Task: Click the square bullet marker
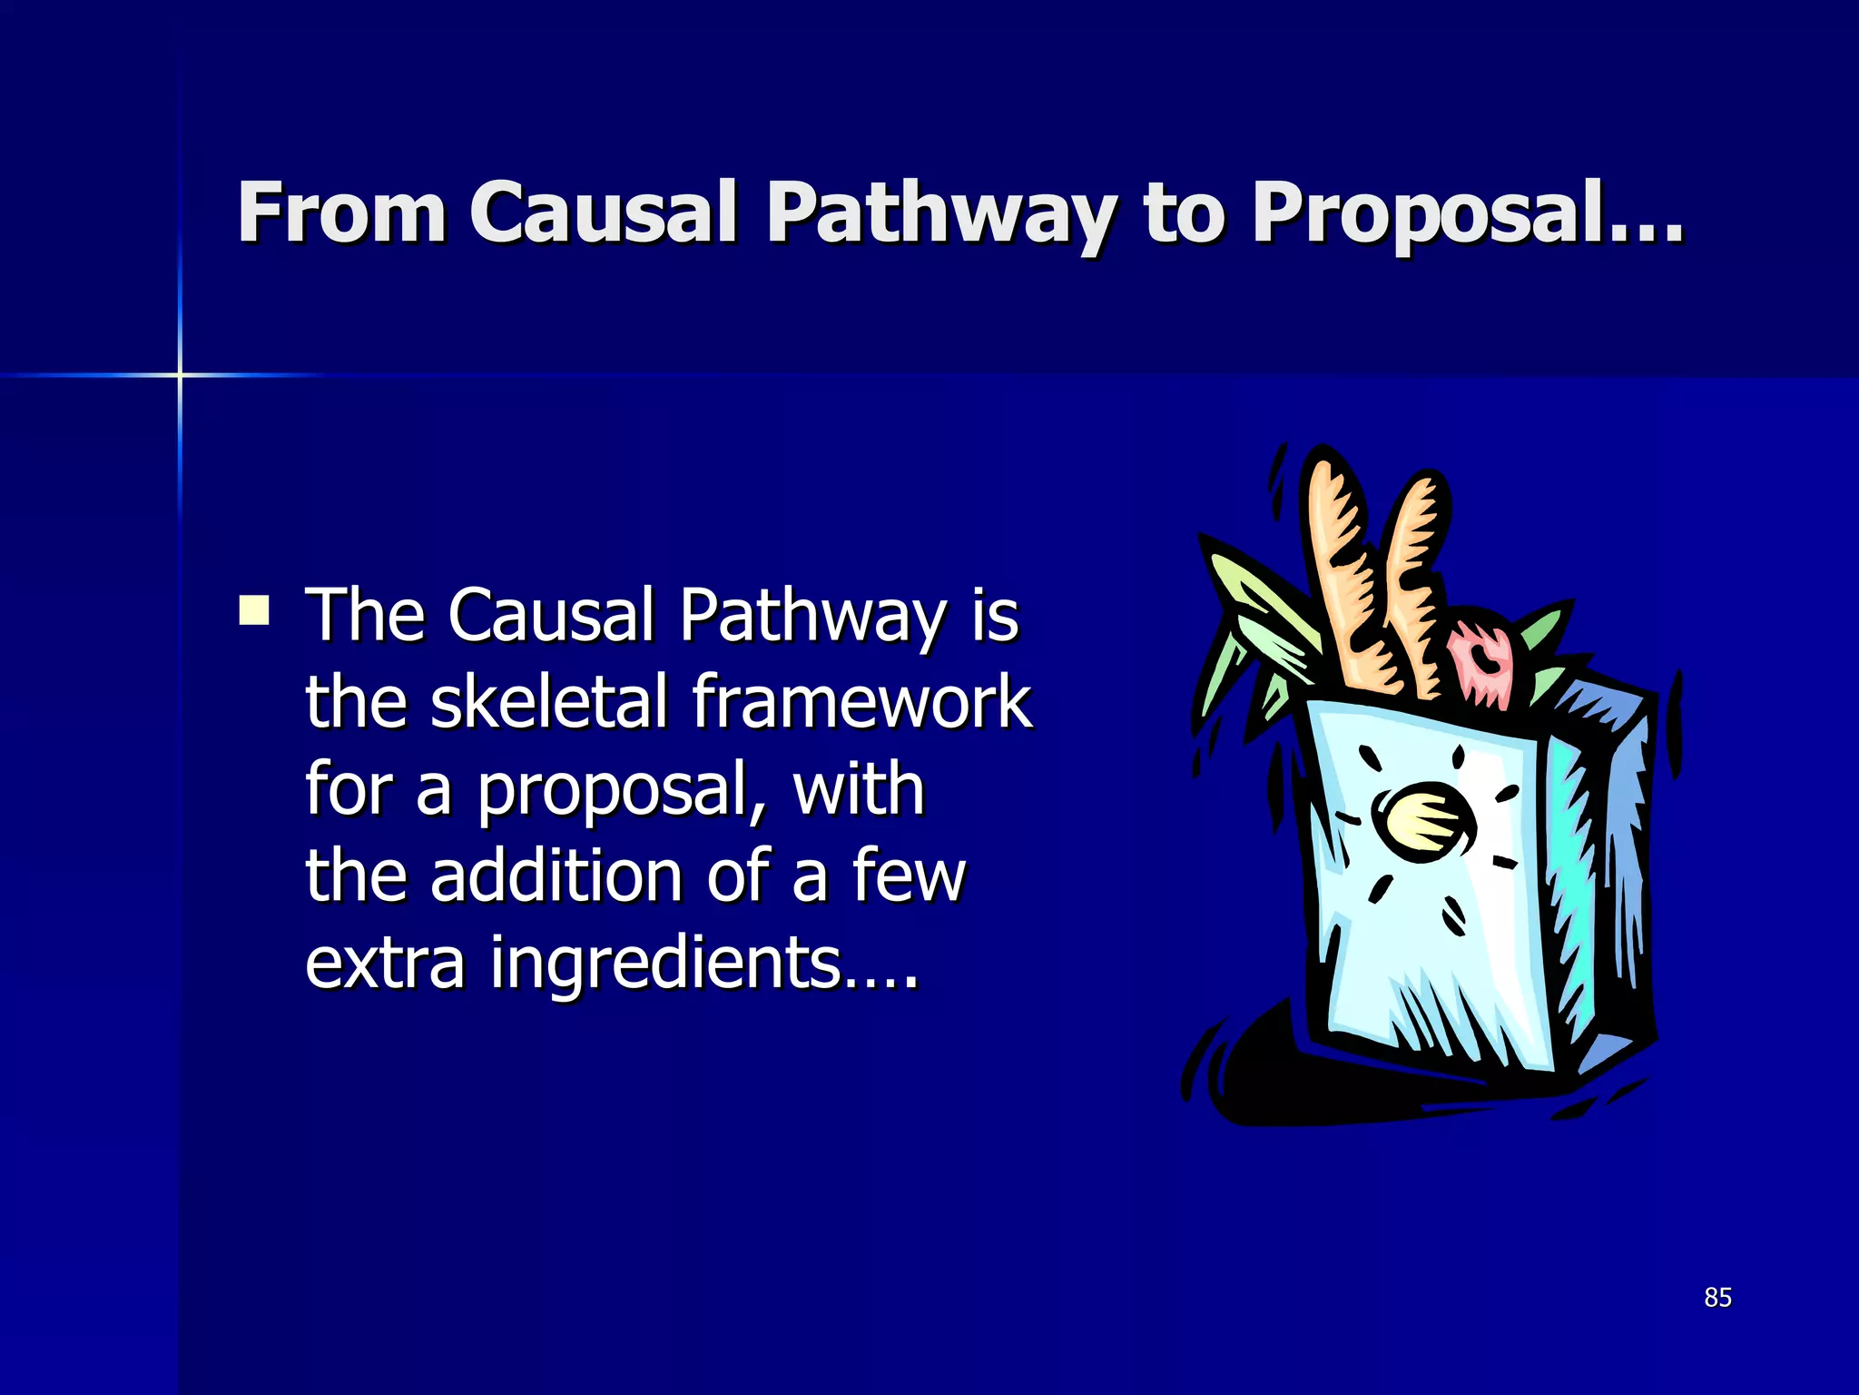point(254,610)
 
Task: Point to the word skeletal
point(548,701)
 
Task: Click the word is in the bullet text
point(995,615)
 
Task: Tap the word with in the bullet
point(859,788)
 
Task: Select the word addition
point(556,876)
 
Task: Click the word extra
point(385,963)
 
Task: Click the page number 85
point(1717,1297)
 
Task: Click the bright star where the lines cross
point(180,374)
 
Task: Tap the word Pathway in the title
point(939,214)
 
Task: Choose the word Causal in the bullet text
point(552,615)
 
